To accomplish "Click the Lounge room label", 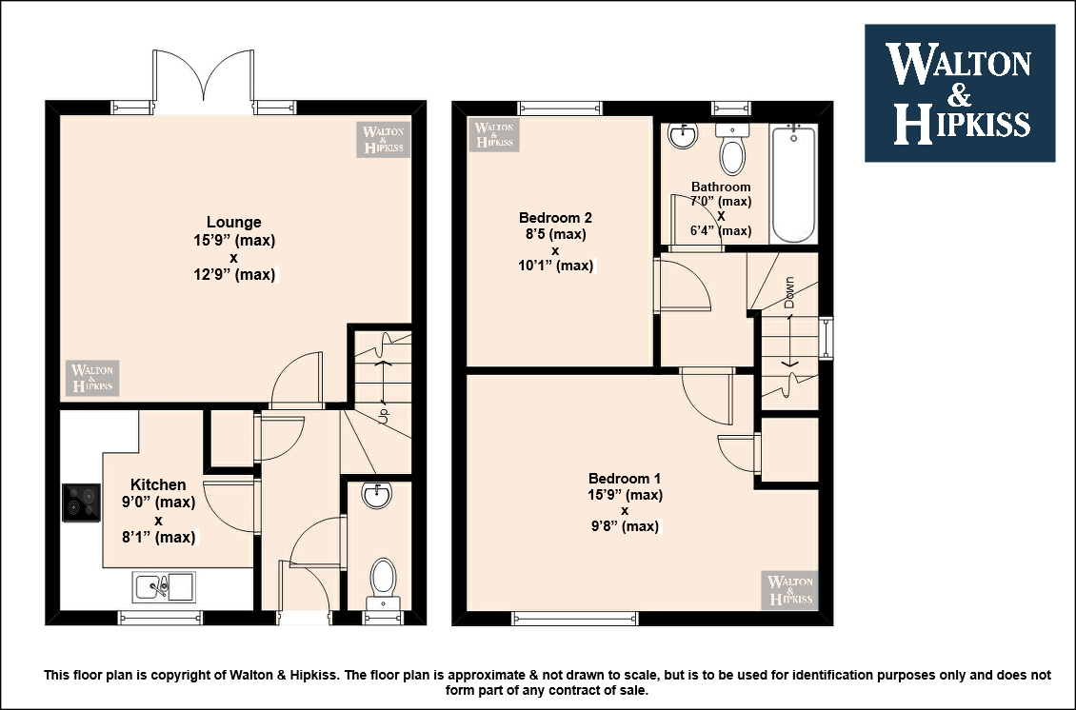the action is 234,223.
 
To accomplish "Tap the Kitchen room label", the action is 158,485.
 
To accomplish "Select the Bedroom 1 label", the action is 625,478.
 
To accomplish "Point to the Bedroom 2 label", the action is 555,217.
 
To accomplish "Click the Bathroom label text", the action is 721,187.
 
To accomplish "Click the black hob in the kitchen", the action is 82,503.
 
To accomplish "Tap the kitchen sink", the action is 164,586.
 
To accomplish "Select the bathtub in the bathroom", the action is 794,183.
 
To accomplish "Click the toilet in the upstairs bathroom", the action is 732,148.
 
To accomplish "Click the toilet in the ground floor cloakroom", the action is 383,583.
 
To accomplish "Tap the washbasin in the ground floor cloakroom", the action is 377,495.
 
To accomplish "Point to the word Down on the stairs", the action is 788,292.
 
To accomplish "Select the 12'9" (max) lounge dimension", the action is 234,274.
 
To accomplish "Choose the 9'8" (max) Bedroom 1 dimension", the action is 625,526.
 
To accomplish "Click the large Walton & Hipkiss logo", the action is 959,93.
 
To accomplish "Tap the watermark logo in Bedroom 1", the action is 789,590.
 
